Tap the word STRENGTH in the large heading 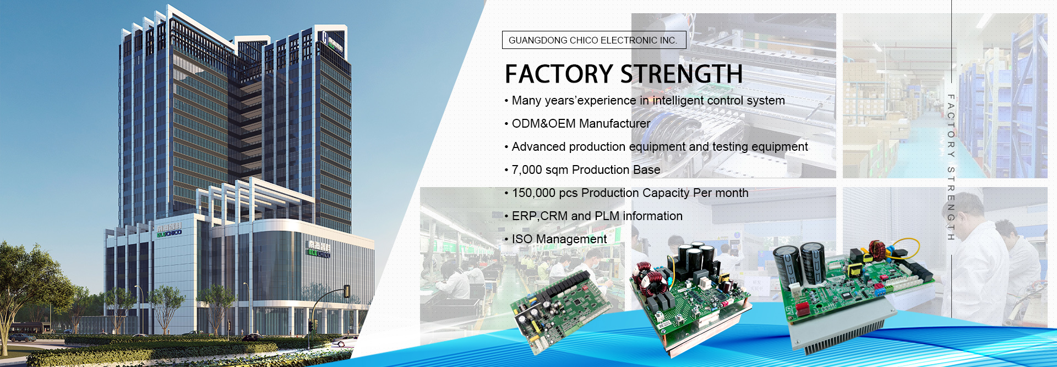coord(682,74)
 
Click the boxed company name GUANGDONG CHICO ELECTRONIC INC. coord(593,40)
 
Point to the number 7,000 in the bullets coord(527,170)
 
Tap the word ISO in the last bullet coord(522,239)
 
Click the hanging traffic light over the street coord(347,291)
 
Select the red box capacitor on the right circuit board coord(802,309)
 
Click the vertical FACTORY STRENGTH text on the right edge coord(951,167)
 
